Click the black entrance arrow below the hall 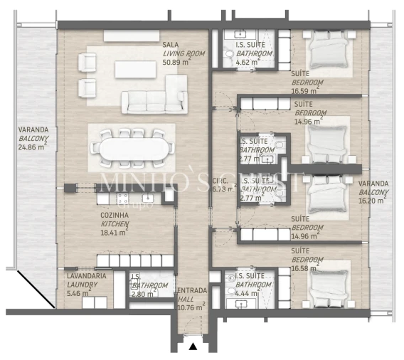192,346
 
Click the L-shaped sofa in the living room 153,97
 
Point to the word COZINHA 114,214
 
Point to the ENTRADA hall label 191,290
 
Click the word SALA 170,44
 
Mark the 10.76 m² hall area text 190,307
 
